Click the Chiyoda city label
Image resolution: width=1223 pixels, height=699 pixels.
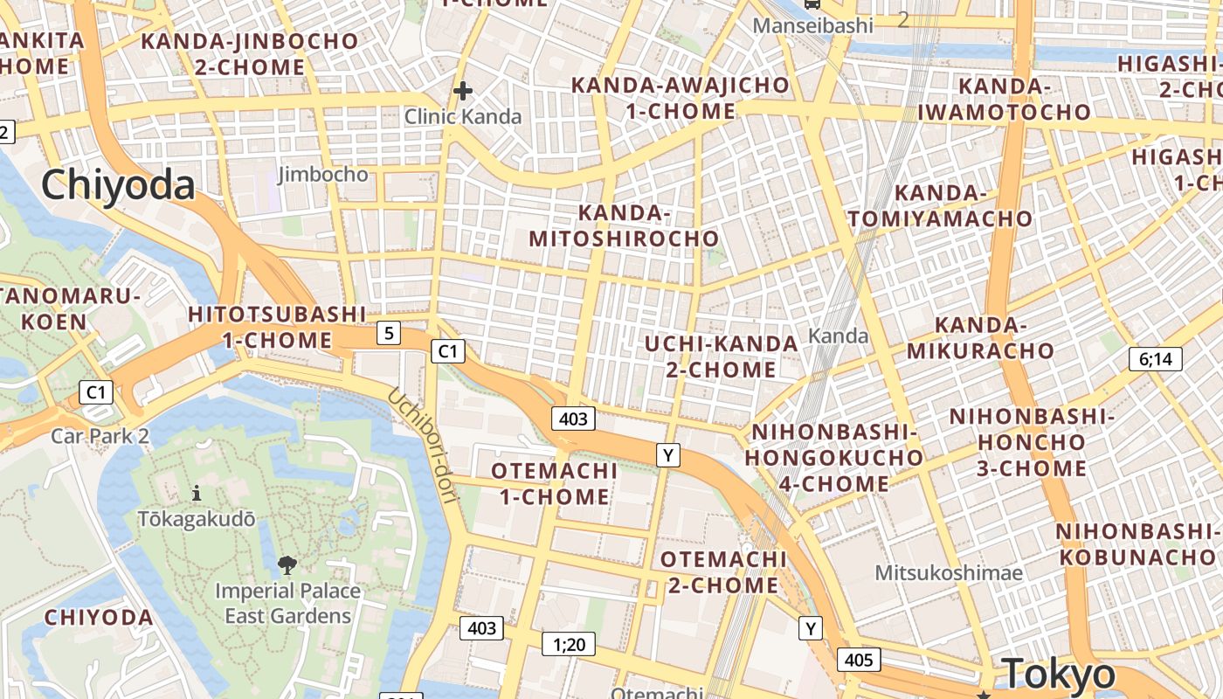click(117, 186)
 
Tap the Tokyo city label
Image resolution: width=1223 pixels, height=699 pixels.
click(1059, 674)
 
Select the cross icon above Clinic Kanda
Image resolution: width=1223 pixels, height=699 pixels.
click(463, 90)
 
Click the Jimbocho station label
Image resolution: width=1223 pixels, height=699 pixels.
click(323, 174)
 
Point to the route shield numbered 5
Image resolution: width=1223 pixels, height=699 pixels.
click(389, 333)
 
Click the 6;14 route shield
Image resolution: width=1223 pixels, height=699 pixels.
click(1155, 358)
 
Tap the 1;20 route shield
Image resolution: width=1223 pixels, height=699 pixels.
click(568, 645)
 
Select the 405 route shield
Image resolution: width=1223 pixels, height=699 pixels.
click(859, 659)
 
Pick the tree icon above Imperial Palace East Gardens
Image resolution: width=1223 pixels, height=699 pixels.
click(287, 565)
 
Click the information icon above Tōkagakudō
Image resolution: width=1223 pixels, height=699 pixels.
click(197, 493)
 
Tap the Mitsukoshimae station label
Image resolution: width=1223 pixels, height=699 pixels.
click(949, 573)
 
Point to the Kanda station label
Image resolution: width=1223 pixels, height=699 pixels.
click(839, 336)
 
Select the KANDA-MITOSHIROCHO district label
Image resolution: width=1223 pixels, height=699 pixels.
click(624, 225)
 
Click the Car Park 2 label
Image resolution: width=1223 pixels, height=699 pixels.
click(100, 435)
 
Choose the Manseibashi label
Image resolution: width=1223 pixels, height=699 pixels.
click(812, 25)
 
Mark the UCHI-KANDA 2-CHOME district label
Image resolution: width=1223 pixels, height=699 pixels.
click(721, 356)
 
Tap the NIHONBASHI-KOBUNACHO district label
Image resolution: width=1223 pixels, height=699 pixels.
click(1136, 544)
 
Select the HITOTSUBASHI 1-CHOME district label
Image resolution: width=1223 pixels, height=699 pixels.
click(277, 327)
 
